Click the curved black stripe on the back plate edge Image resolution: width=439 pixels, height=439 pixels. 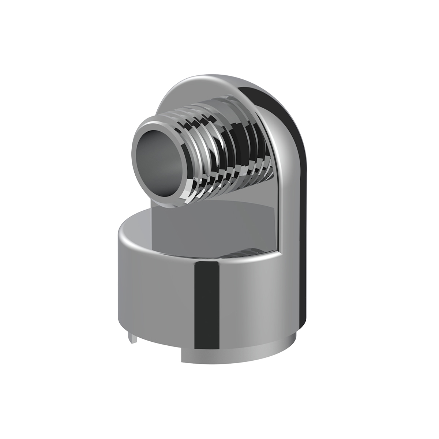[293, 154]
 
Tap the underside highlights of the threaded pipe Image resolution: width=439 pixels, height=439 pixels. [227, 179]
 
